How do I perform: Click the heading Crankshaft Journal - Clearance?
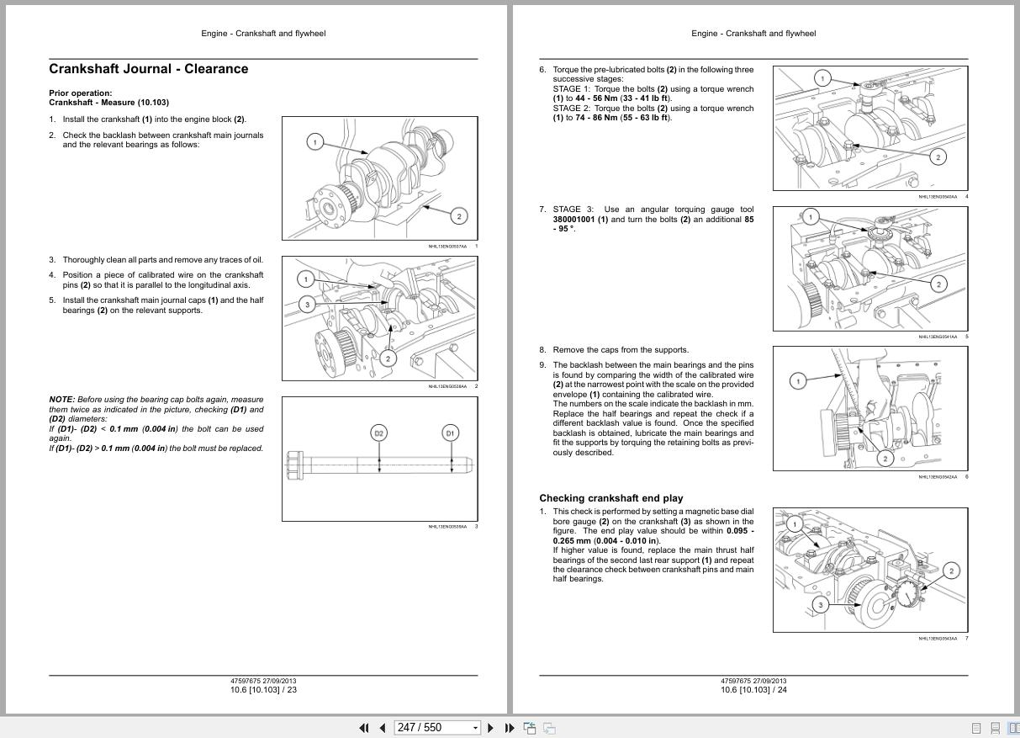tap(149, 69)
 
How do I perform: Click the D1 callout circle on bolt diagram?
tap(450, 433)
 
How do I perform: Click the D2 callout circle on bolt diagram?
tap(378, 433)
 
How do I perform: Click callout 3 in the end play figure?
tap(820, 604)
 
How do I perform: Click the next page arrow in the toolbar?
tap(491, 728)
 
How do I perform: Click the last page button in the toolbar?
tap(509, 728)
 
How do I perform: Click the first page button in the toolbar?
tap(363, 728)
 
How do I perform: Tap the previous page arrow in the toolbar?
tap(382, 728)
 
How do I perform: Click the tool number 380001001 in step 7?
tap(573, 219)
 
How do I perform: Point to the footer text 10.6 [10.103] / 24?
tap(753, 690)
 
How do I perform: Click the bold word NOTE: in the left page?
tap(61, 400)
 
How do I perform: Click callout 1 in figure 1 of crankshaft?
tap(314, 141)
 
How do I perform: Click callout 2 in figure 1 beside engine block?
tap(458, 216)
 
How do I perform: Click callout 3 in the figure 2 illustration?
tap(307, 305)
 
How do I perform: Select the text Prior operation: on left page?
tap(80, 93)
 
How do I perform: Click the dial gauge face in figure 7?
tap(907, 594)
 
